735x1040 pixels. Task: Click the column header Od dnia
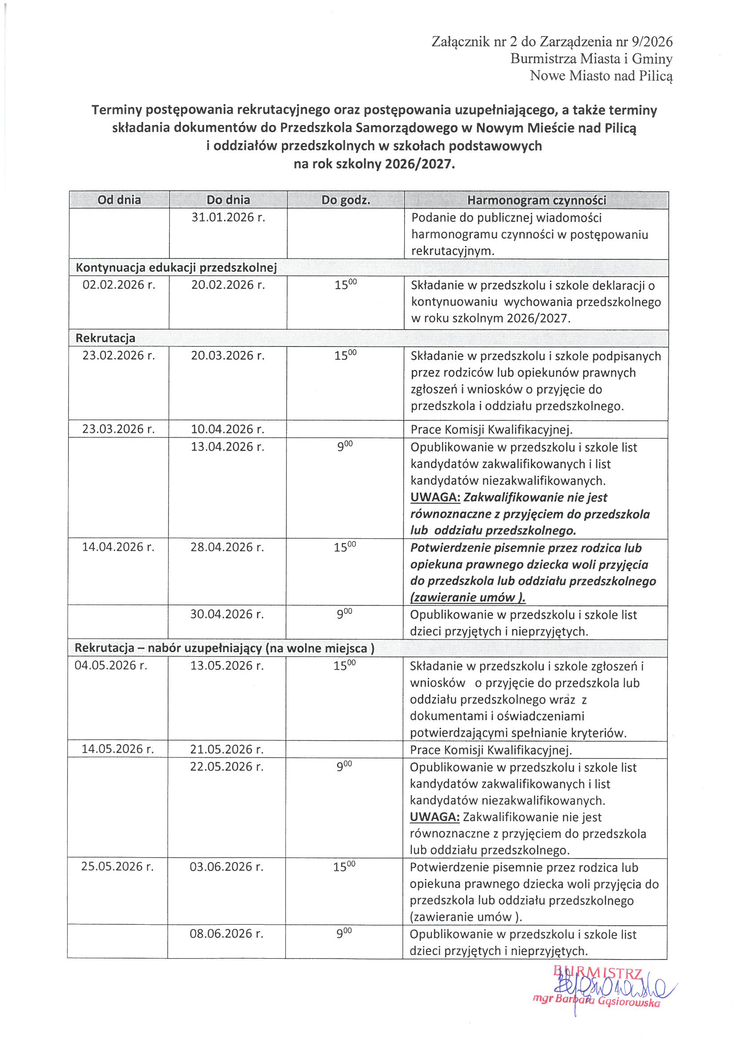(119, 200)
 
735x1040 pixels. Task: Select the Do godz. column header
(345, 200)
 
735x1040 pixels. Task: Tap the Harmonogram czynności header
(536, 200)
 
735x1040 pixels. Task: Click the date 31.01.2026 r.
(228, 218)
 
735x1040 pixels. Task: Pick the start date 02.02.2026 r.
(119, 285)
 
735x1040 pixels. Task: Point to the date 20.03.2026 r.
(227, 355)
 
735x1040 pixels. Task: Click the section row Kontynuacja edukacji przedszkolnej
(176, 268)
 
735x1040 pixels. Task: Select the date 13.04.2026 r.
(227, 447)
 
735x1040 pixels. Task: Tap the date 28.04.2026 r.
(227, 547)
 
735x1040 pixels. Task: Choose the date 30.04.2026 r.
(226, 614)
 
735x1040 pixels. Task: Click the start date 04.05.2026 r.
(111, 665)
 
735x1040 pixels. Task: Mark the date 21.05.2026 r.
(226, 749)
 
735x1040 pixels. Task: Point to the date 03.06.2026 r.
(226, 867)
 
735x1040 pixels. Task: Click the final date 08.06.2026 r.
(226, 934)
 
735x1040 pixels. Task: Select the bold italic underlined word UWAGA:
(435, 497)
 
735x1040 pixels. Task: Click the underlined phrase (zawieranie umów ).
(467, 597)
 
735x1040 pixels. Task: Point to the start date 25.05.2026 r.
(117, 867)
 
